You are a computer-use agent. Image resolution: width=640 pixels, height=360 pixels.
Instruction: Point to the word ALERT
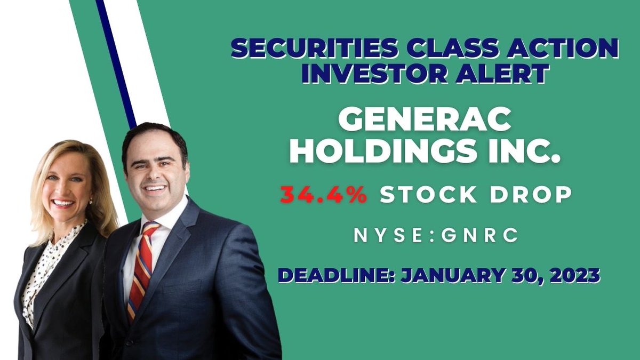(503, 74)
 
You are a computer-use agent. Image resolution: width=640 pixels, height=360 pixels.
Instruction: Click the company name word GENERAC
(425, 122)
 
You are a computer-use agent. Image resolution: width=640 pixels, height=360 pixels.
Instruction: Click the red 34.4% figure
(324, 195)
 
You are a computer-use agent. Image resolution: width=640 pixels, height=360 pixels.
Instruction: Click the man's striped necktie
(143, 267)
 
